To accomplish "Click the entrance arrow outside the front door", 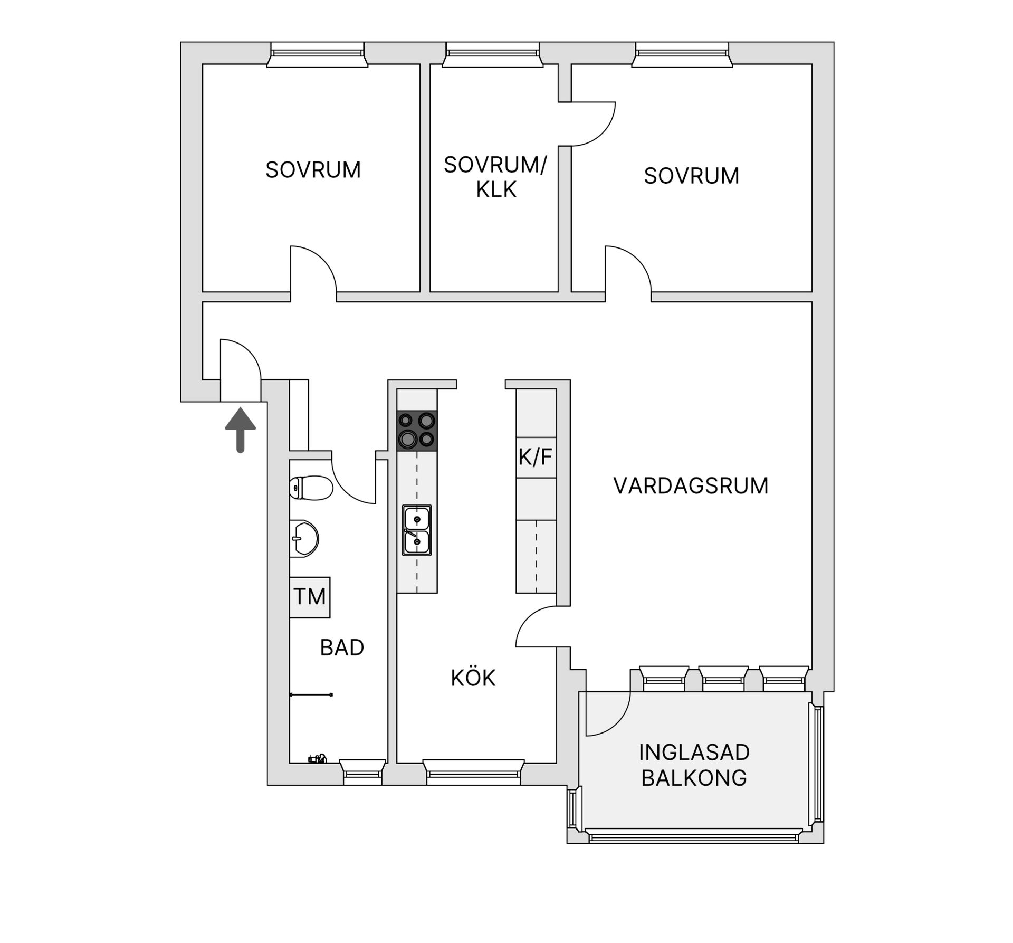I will tap(240, 429).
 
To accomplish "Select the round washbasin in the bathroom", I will tap(303, 538).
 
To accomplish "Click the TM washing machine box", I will tap(310, 597).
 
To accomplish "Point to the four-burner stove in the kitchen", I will tap(417, 430).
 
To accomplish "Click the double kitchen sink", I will tap(417, 530).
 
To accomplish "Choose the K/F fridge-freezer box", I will tap(536, 457).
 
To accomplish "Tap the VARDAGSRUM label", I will tap(691, 485).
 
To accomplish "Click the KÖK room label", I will tap(473, 678).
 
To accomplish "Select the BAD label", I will tap(342, 647).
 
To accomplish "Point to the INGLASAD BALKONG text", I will tap(694, 765).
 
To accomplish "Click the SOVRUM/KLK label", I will tap(495, 177).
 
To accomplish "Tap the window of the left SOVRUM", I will tap(317, 55).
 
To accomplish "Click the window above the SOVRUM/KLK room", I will tap(493, 55).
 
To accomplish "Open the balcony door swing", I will tap(607, 712).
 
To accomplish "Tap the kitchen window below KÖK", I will tap(473, 771).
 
